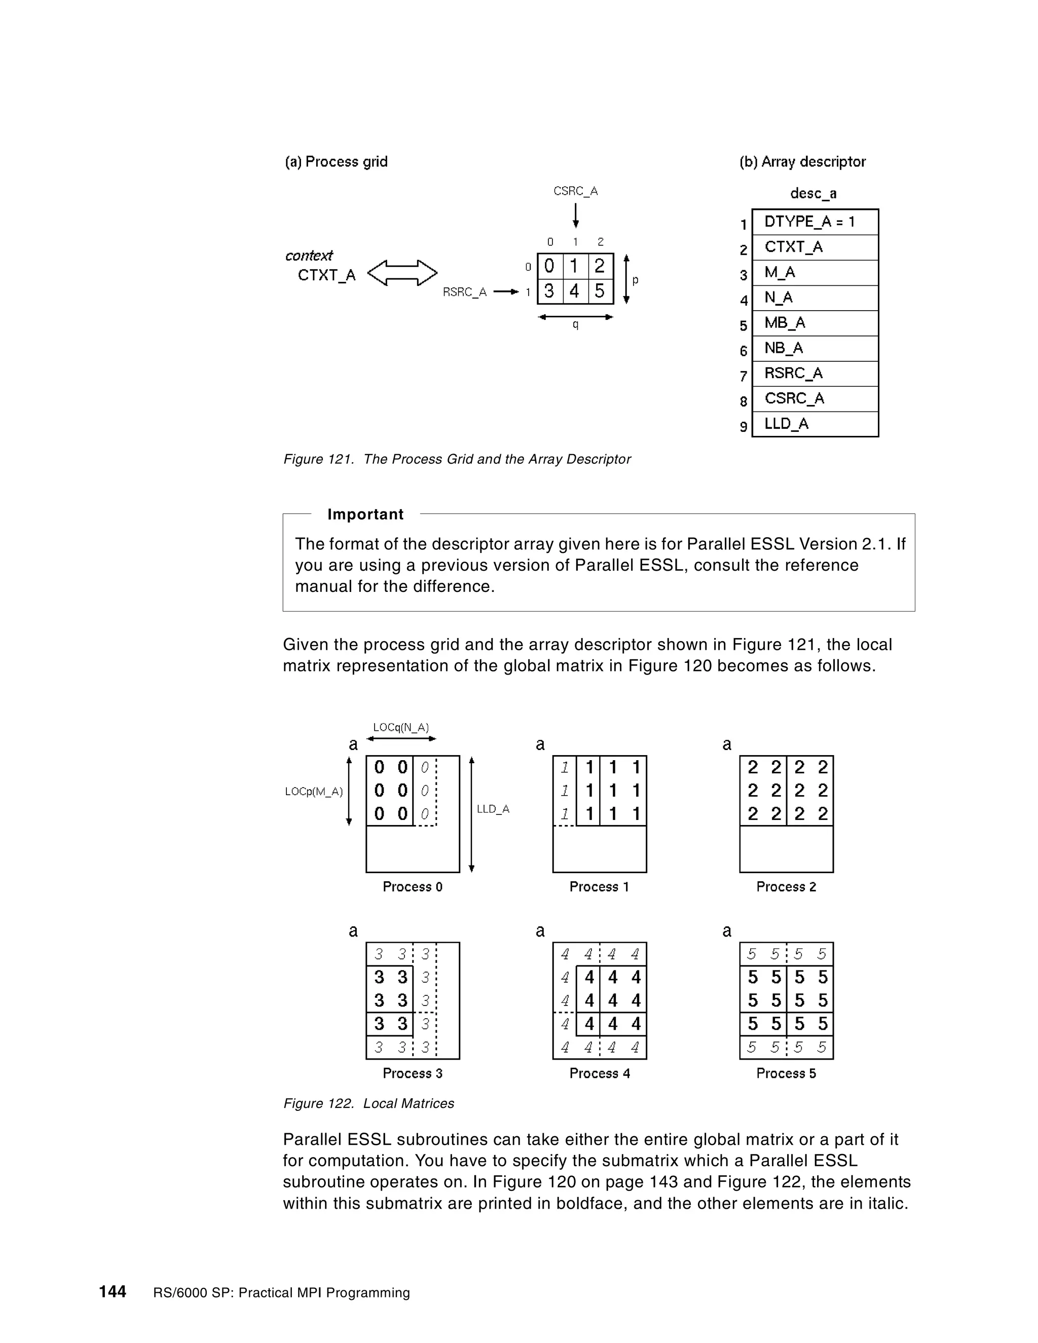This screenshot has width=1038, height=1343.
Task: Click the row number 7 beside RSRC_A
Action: [x=744, y=376]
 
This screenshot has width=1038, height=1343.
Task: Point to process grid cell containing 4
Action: [x=574, y=291]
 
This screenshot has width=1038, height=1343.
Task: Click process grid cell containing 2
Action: [x=600, y=266]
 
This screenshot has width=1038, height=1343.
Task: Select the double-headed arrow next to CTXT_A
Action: [x=402, y=273]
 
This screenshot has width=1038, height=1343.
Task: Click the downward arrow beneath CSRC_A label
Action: [x=576, y=215]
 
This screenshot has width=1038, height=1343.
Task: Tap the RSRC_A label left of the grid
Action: [x=465, y=292]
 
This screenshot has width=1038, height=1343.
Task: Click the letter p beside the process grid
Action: [x=635, y=280]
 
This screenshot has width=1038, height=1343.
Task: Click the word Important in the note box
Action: [x=365, y=514]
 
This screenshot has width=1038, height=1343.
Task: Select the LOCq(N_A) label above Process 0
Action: [x=401, y=727]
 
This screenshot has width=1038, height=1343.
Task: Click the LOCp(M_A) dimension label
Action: [x=314, y=792]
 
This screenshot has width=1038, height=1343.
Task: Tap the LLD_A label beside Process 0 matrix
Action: [x=493, y=809]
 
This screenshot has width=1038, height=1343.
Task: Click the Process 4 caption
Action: [x=600, y=1073]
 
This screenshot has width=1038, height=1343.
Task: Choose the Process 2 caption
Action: [x=786, y=887]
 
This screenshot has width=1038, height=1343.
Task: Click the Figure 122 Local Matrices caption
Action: [x=368, y=1103]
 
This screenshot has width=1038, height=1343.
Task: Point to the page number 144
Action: [x=113, y=1291]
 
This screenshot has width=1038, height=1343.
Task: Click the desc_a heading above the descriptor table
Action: [x=813, y=193]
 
